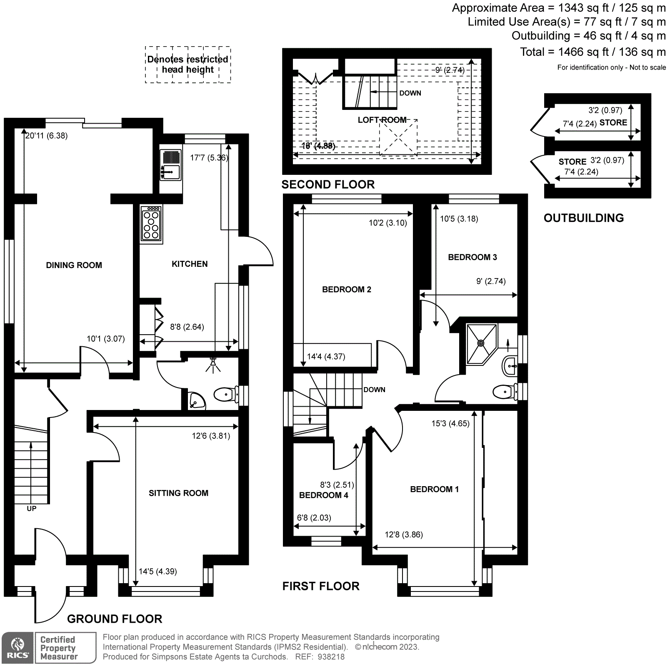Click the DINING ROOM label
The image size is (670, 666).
[x=74, y=265]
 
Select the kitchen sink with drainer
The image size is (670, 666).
[x=170, y=165]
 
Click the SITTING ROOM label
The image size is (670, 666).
[x=178, y=493]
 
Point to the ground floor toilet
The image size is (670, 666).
[x=225, y=394]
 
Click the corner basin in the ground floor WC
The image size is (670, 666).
[x=196, y=400]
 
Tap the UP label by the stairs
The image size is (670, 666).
[x=32, y=509]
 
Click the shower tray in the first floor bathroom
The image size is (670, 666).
[x=481, y=343]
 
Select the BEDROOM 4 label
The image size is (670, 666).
[x=323, y=495]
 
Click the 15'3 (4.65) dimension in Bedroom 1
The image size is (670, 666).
[x=450, y=424]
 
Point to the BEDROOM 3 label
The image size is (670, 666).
[x=472, y=257]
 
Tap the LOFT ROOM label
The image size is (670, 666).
[x=382, y=120]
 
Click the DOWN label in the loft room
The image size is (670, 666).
[x=410, y=93]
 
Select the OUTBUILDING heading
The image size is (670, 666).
[x=583, y=218]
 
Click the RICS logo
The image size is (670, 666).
[x=17, y=648]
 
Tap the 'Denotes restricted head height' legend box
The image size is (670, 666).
[x=187, y=65]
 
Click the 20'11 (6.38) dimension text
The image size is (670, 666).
[x=46, y=136]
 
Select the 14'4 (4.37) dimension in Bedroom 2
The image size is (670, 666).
[x=326, y=357]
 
